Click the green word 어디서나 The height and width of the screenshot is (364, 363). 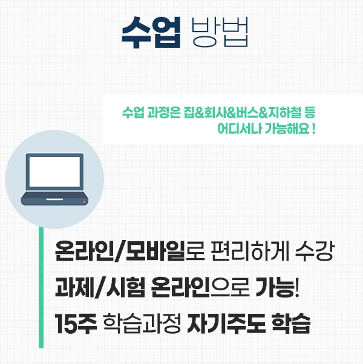click(x=238, y=129)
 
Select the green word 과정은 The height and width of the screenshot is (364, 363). click(x=163, y=113)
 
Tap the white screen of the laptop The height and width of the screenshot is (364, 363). click(x=54, y=172)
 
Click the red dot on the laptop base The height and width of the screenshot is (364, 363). click(x=84, y=201)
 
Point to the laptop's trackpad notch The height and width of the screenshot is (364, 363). click(x=54, y=197)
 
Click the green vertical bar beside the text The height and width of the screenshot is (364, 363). click(x=41, y=284)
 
